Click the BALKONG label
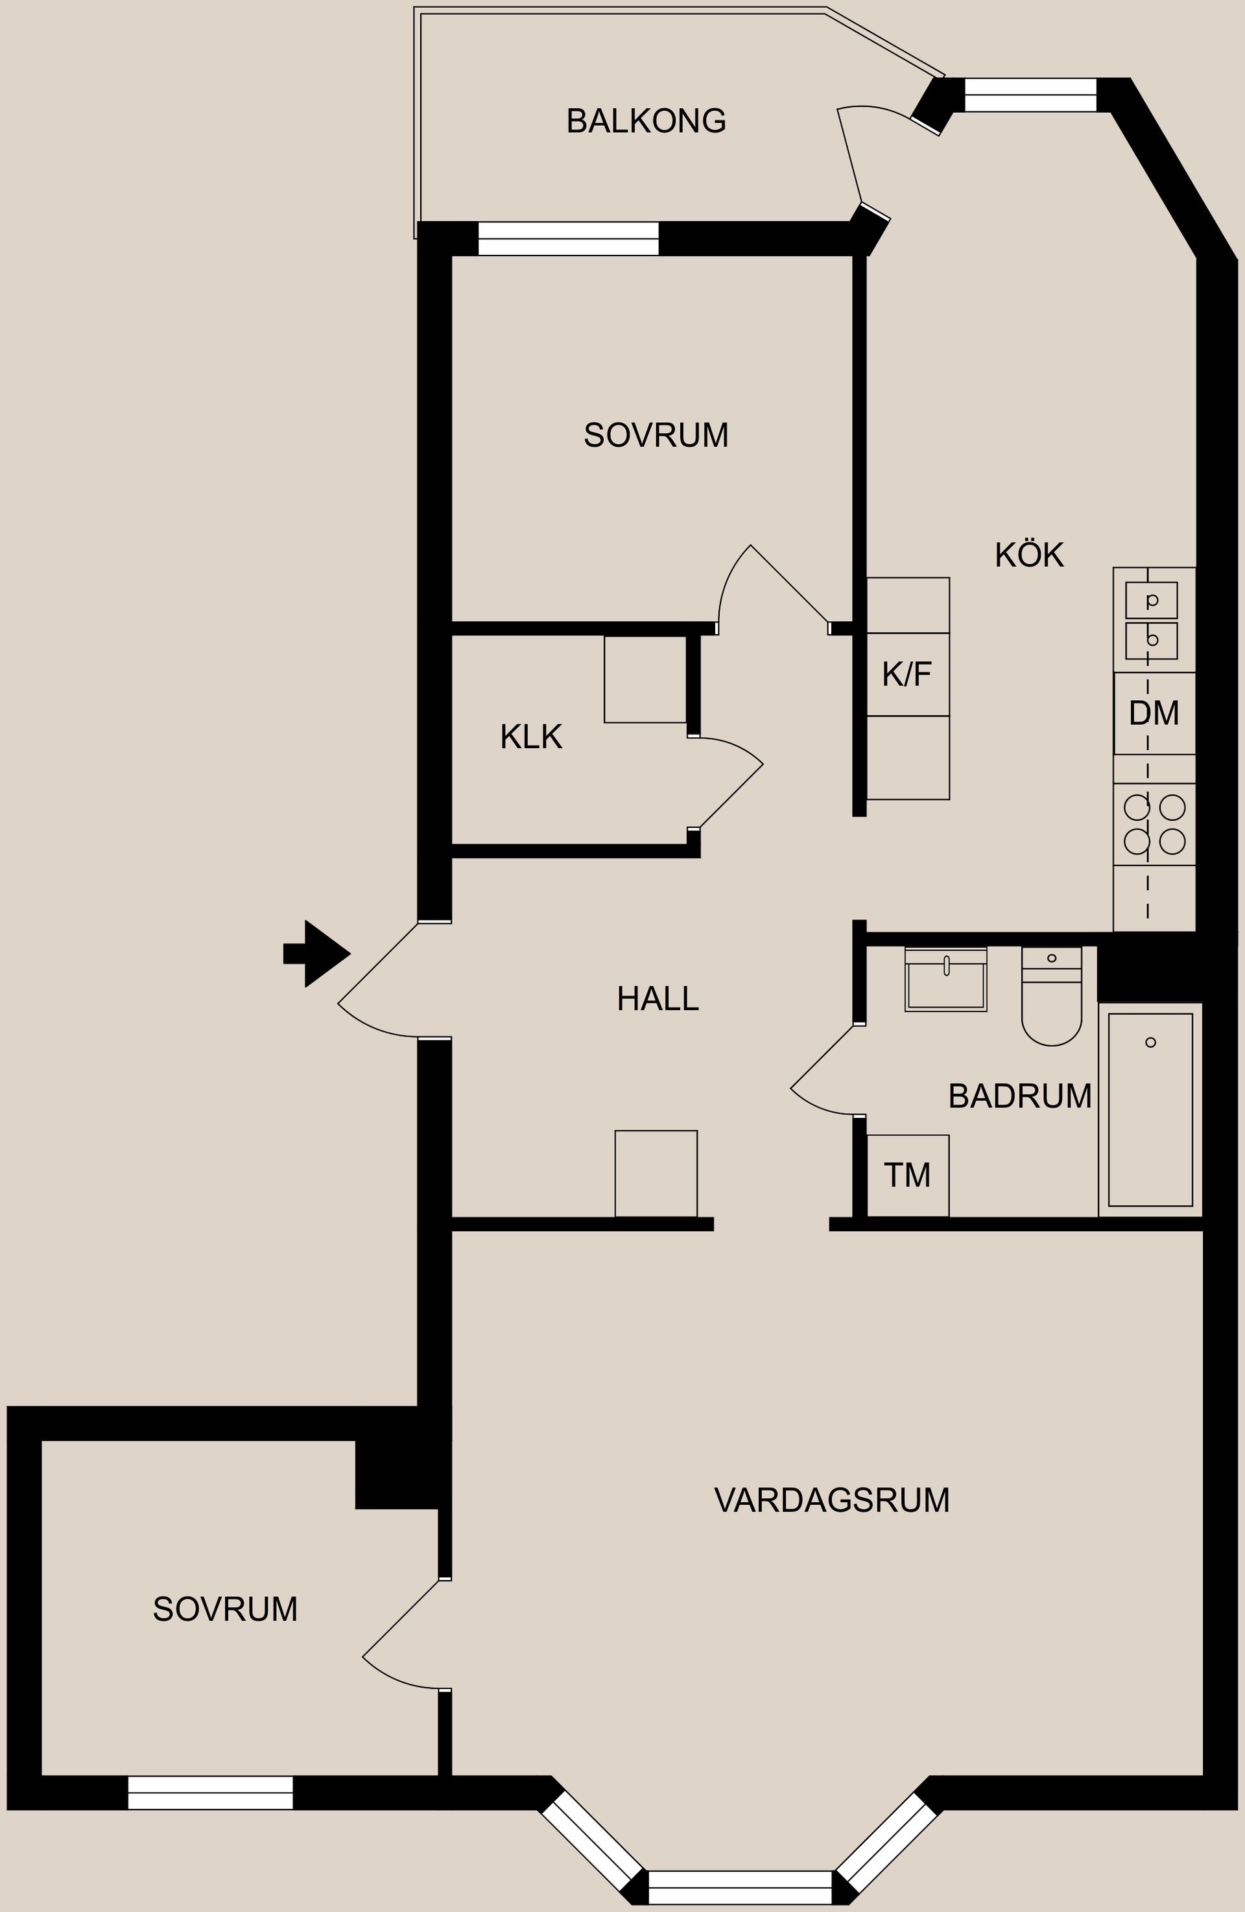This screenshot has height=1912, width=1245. click(646, 121)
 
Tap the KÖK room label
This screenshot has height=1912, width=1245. click(1029, 554)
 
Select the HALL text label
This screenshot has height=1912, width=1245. click(658, 998)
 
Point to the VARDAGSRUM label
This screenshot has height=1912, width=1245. click(832, 1500)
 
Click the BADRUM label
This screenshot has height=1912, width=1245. click(1019, 1096)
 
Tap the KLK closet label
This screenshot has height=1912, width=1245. click(531, 737)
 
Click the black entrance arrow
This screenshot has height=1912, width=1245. click(317, 954)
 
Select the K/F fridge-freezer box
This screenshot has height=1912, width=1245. click(908, 674)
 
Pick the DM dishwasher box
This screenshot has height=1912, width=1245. click(1154, 713)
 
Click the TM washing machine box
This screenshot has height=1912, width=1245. click(908, 1175)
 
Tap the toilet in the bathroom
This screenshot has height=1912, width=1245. click(1051, 996)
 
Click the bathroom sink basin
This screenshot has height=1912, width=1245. click(946, 978)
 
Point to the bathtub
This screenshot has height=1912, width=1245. click(1150, 1109)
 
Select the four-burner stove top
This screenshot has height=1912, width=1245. click(1154, 824)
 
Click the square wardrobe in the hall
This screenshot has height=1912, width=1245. click(656, 1174)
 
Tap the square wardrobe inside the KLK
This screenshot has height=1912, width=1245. click(646, 679)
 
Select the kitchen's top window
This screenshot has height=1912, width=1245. click(1030, 95)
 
